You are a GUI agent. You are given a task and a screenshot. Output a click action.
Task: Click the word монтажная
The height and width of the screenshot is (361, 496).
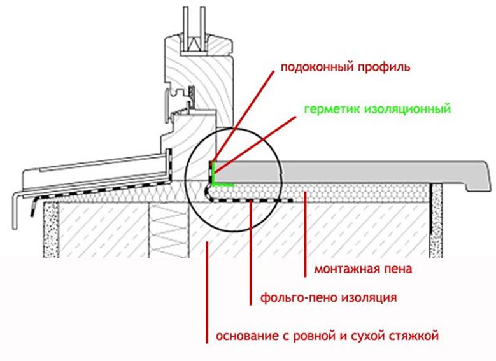pyautogui.click(x=346, y=269)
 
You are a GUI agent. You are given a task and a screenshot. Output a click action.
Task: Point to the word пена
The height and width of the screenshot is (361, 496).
pyautogui.click(x=397, y=269)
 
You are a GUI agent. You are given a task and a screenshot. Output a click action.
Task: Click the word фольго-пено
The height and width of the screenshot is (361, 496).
pyautogui.click(x=294, y=297)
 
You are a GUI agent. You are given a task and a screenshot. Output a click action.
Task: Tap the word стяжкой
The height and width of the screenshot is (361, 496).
pyautogui.click(x=416, y=336)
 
